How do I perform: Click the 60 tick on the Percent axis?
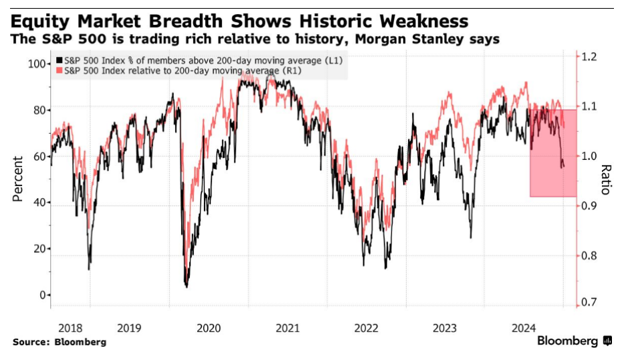(x=39, y=157)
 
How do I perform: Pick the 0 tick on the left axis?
(x=43, y=295)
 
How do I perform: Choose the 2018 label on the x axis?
(x=71, y=328)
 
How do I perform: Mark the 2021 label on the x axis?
(x=288, y=328)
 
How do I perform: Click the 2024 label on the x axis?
(x=524, y=328)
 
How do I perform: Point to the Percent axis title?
(x=18, y=178)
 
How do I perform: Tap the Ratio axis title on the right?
(x=606, y=179)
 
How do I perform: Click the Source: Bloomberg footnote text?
(x=59, y=342)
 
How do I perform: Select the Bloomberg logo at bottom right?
(x=574, y=341)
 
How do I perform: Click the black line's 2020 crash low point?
(x=186, y=286)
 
